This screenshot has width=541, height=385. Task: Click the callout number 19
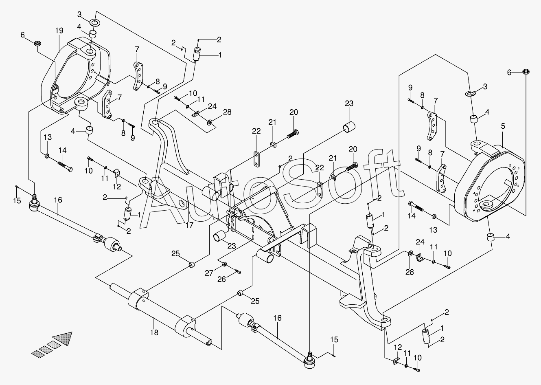coord(59,30)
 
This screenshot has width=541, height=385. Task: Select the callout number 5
coord(503,126)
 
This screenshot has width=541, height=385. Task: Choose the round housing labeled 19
coord(77,75)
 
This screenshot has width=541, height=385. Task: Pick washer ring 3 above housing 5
coord(470,94)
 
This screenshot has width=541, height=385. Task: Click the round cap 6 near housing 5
coord(526,72)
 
